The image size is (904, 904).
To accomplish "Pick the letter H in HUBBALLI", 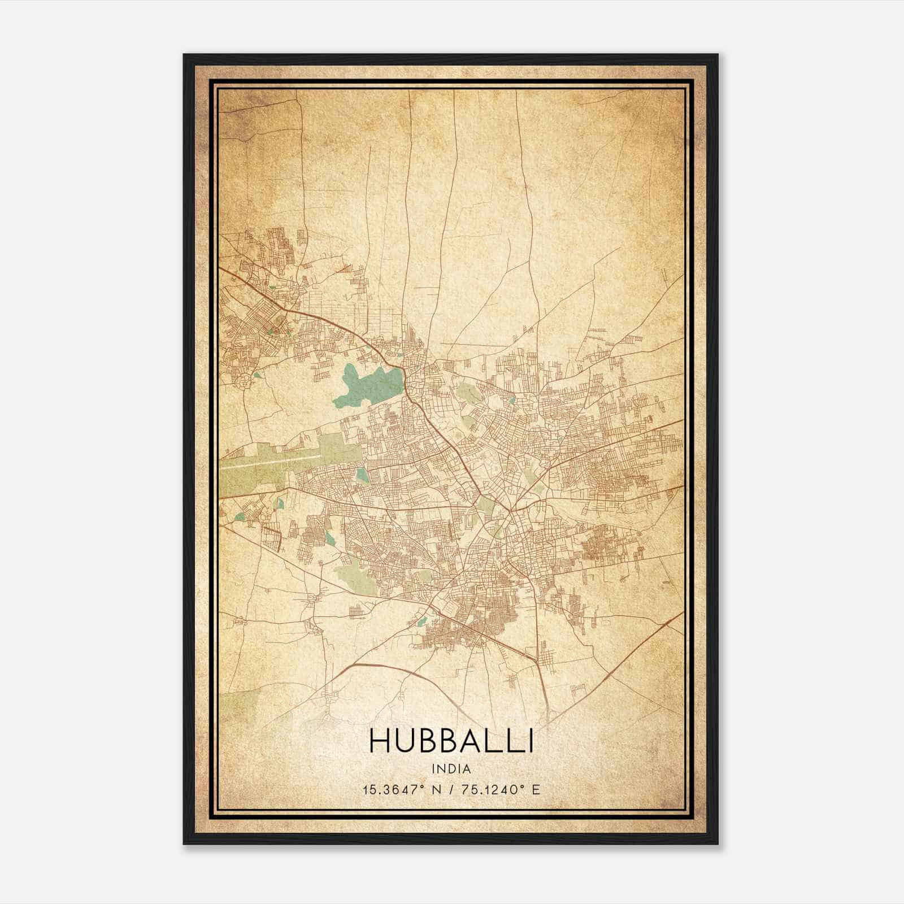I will tap(380, 741).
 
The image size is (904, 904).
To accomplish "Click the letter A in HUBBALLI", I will tap(473, 741).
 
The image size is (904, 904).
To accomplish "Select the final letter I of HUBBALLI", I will tap(529, 741).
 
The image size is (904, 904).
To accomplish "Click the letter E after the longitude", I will tap(536, 789).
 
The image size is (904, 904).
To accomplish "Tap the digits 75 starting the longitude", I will tap(467, 789).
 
